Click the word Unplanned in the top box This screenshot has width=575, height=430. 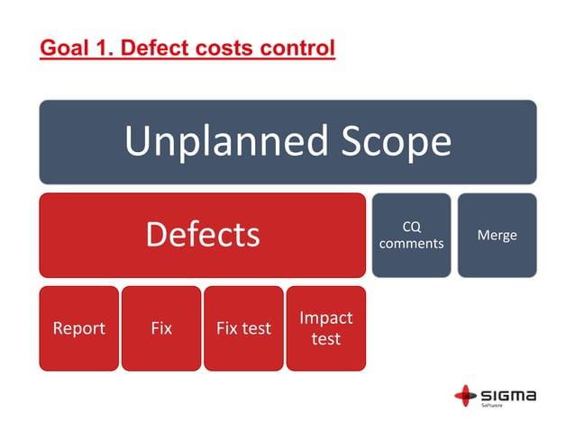click(215, 141)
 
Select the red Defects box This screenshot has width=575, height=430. click(202, 235)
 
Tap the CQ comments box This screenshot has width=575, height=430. click(411, 235)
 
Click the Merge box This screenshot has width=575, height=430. click(497, 235)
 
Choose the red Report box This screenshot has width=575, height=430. click(78, 328)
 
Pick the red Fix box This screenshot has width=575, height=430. click(161, 328)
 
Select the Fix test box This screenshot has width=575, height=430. click(243, 328)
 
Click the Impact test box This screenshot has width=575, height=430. click(325, 328)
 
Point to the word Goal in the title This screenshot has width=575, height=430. click(64, 46)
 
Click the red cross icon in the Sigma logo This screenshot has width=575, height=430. click(466, 395)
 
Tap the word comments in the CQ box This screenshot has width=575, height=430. click(411, 243)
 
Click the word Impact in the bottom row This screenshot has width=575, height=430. click(325, 318)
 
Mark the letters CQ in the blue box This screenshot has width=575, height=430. click(411, 227)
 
